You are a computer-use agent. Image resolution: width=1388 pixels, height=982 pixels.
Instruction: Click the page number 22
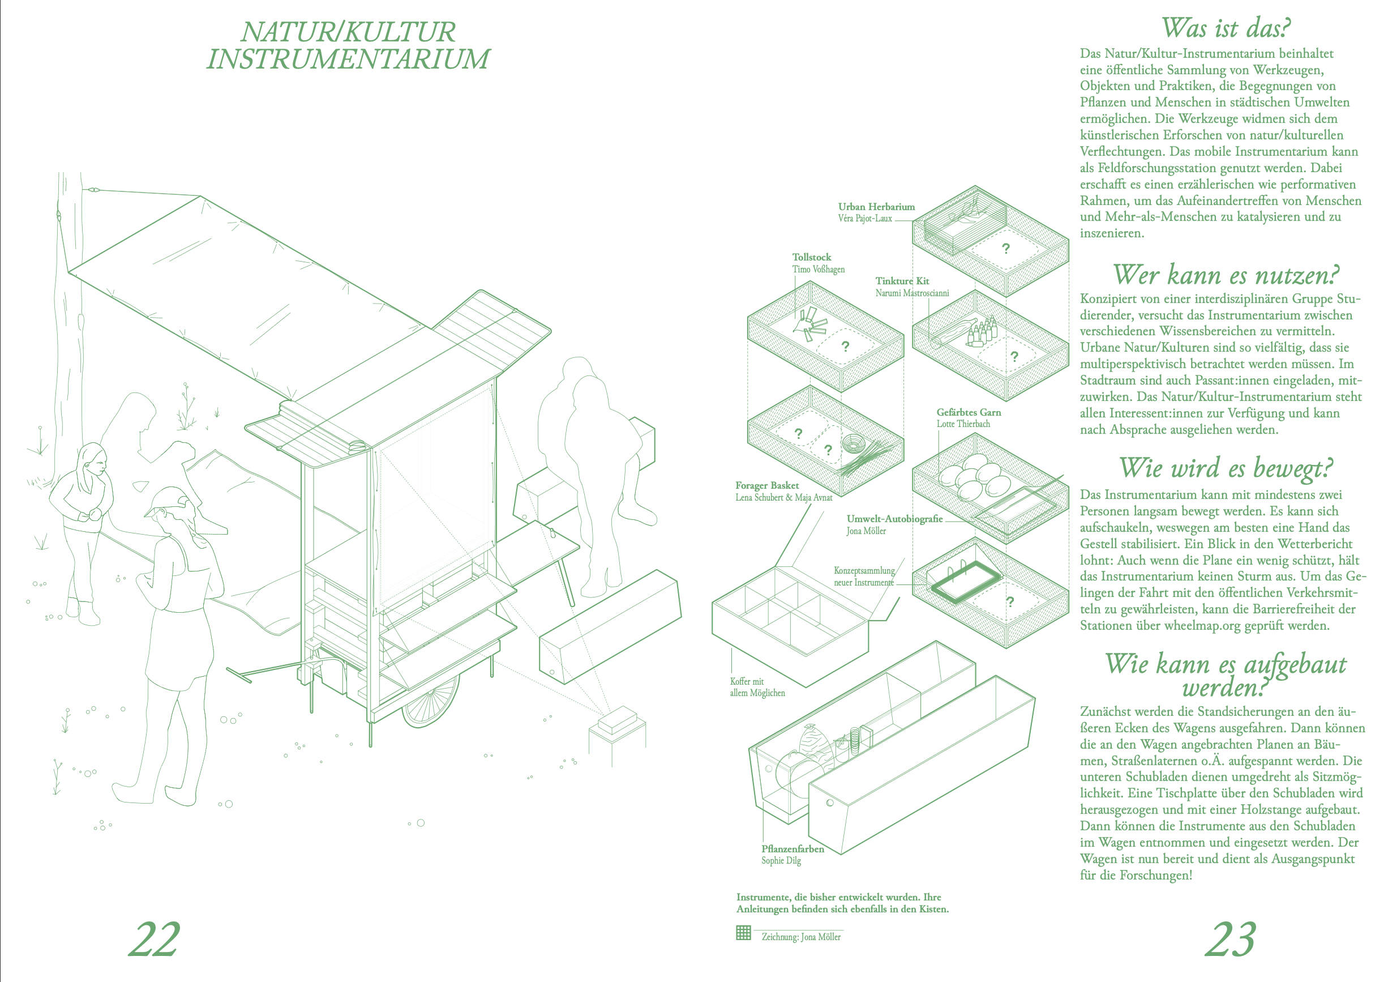click(154, 939)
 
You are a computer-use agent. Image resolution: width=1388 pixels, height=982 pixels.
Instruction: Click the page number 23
click(1231, 939)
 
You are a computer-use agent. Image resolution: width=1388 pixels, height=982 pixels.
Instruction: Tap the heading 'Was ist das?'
click(1226, 28)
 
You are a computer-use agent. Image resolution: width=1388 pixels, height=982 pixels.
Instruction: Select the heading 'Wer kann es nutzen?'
click(1226, 275)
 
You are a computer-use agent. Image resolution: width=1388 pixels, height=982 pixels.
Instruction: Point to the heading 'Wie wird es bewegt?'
click(1226, 468)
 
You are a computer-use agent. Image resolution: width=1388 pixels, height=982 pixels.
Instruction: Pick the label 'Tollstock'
click(811, 257)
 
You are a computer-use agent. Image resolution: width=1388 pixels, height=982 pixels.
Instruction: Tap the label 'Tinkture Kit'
click(902, 280)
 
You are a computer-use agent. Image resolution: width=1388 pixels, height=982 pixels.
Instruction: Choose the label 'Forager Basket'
click(766, 485)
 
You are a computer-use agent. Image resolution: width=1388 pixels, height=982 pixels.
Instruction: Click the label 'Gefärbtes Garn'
click(969, 412)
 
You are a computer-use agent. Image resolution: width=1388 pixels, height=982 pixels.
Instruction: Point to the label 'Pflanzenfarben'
click(792, 849)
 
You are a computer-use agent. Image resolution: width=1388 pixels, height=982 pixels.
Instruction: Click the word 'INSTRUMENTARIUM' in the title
click(348, 59)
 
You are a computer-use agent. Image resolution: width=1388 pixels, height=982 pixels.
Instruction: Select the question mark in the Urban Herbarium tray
click(1006, 249)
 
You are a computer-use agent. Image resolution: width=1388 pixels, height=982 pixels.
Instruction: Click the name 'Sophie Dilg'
click(781, 860)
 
